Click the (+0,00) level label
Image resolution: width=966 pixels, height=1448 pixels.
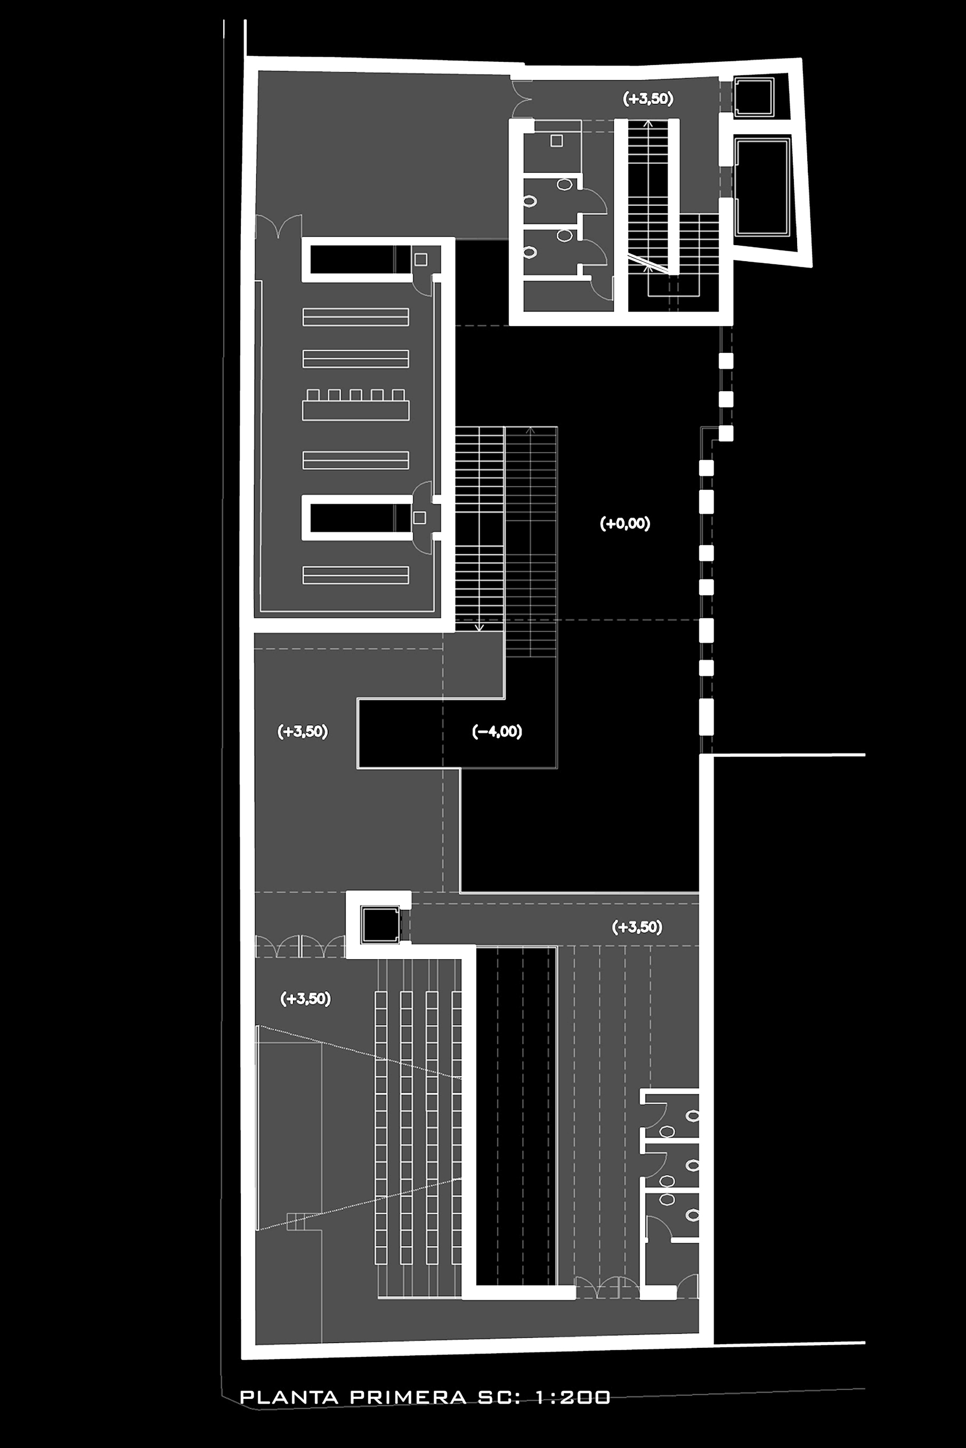point(624,524)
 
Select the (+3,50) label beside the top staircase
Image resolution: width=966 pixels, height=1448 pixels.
point(647,99)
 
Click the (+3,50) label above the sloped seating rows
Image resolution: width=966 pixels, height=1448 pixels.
point(306,998)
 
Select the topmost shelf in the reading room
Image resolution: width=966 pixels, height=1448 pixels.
point(355,317)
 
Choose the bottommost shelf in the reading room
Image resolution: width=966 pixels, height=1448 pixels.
point(355,575)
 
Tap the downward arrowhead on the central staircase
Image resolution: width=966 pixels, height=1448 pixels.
point(480,627)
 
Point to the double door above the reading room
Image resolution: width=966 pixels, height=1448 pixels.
point(279,226)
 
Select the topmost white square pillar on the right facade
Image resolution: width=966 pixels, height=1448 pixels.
point(726,361)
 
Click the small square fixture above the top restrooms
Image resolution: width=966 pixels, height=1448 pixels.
point(556,141)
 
